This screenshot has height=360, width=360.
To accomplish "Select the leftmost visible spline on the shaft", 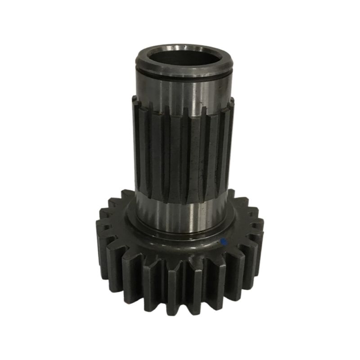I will click(137, 144).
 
